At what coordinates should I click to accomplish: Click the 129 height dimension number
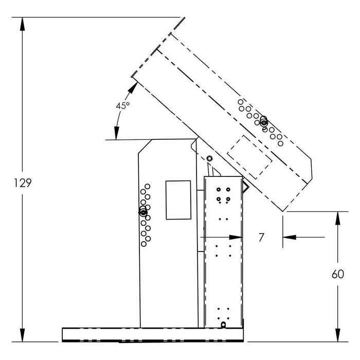tap(22, 183)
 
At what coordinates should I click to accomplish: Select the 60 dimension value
tap(337, 274)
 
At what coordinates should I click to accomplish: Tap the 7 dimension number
tap(261, 238)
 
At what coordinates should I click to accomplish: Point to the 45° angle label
tap(122, 105)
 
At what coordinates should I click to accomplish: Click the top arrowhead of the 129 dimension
tap(22, 22)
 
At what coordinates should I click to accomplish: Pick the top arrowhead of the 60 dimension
tap(337, 216)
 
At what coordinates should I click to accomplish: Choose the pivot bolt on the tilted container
tap(263, 122)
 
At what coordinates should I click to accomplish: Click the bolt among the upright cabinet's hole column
tap(143, 211)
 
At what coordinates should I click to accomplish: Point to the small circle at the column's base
tap(223, 326)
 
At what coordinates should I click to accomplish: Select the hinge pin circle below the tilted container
tap(209, 158)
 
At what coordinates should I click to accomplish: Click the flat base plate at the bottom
tap(154, 334)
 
